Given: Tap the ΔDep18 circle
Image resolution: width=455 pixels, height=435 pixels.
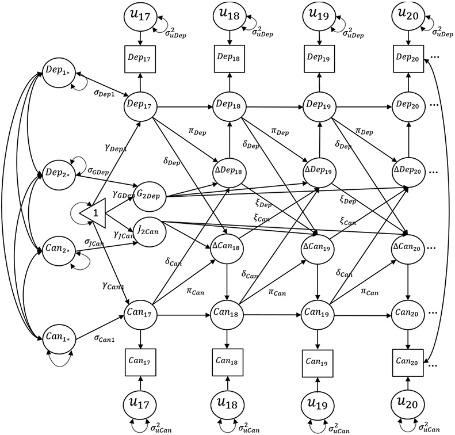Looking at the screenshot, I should (x=229, y=173).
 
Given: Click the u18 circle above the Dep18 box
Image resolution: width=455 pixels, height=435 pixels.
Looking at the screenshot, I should (x=229, y=15).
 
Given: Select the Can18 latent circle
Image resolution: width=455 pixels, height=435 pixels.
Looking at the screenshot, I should (x=229, y=315).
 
